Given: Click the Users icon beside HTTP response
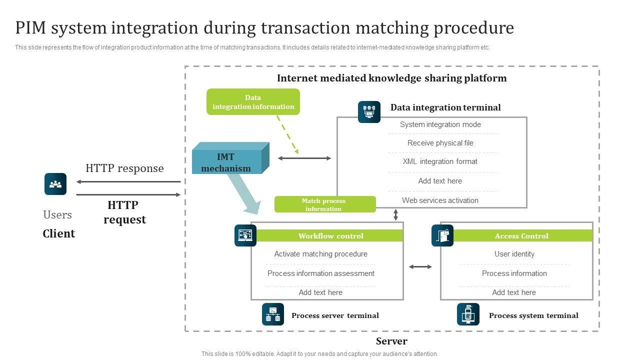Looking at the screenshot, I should tap(55, 184).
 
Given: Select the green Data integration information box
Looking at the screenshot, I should tap(253, 102).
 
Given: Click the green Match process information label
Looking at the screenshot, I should tap(324, 204).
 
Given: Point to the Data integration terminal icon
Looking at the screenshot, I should tap(369, 112).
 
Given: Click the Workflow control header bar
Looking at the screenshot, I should tap(330, 236).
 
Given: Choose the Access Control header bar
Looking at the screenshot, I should tap(521, 236).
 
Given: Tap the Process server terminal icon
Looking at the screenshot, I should tap(273, 314).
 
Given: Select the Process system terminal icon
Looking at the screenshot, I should tap(468, 314).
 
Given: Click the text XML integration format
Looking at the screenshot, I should tap(440, 161).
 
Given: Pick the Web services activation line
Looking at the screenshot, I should tap(440, 200).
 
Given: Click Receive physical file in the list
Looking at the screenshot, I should tap(440, 143).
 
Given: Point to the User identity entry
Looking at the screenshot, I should tap(514, 254).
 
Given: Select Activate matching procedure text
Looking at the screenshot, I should tap(320, 254).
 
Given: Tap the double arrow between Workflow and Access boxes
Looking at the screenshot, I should tap(420, 267).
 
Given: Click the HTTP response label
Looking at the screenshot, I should tap(124, 168).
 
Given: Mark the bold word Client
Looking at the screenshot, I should tap(58, 233).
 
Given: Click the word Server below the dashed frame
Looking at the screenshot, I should tap(391, 341).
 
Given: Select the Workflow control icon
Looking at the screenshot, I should tap(245, 235).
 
